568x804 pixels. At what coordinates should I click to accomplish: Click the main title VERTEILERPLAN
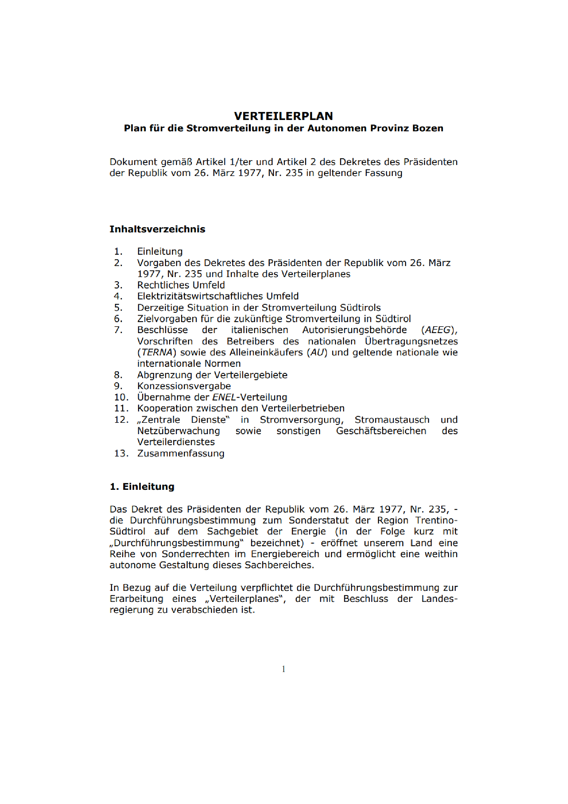click(283, 116)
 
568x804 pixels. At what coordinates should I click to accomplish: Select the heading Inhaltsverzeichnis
click(157, 229)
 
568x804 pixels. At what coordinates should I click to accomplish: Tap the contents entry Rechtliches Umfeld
click(181, 285)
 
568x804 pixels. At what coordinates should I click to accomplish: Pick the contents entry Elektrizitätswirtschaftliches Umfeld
click(217, 296)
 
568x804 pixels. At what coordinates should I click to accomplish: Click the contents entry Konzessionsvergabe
click(184, 386)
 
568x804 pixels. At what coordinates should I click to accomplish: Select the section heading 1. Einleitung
click(142, 486)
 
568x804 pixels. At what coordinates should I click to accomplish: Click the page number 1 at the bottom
click(284, 669)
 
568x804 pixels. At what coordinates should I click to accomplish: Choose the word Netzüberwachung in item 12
click(178, 431)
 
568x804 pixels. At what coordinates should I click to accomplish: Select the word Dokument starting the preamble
click(133, 162)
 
